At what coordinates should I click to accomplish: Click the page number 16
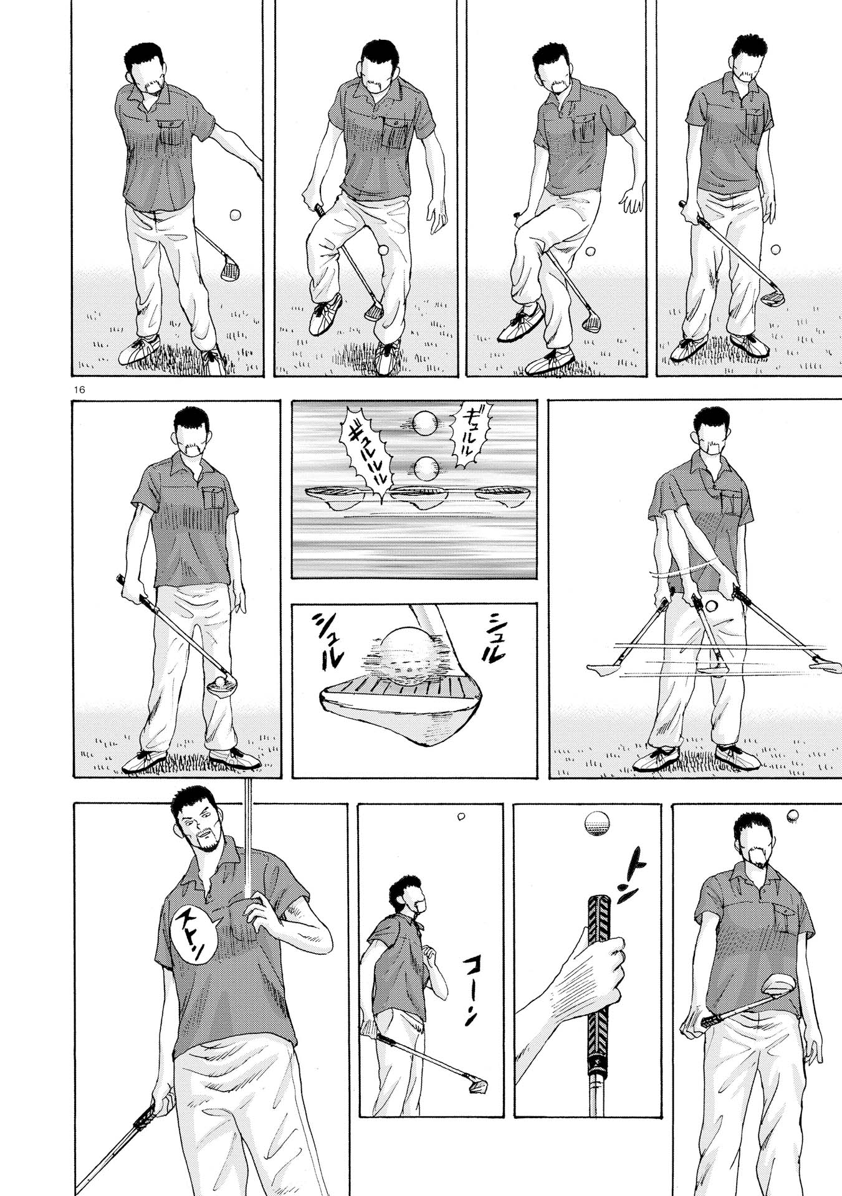tap(79, 389)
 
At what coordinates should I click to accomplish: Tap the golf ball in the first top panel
tap(235, 215)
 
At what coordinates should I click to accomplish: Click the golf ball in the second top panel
tap(383, 250)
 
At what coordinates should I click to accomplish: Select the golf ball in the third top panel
tap(589, 252)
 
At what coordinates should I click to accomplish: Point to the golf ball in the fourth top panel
tap(775, 250)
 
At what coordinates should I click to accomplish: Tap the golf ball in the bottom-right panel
tap(793, 814)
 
